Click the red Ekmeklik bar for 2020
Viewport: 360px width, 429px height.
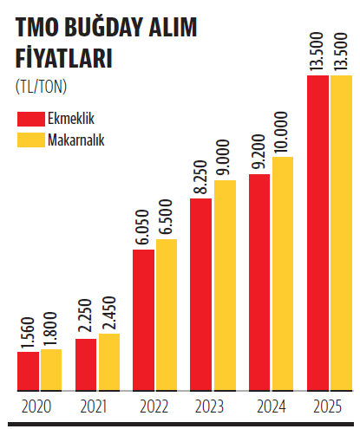tap(28, 371)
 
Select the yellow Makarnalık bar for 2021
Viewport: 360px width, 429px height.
tap(109, 362)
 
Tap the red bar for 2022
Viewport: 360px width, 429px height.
tap(143, 320)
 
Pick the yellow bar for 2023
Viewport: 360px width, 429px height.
tap(225, 285)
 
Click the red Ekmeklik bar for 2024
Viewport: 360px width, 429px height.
tap(259, 283)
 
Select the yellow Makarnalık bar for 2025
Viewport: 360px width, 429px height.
tap(342, 233)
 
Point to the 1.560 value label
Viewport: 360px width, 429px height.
tap(28, 334)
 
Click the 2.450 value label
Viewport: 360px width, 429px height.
tap(109, 313)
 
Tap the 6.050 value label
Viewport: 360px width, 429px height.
tap(142, 227)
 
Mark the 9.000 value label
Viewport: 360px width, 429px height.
tap(223, 157)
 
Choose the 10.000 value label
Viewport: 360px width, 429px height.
tap(281, 132)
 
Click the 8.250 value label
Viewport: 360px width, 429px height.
tap(200, 177)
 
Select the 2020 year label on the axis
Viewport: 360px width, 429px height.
tap(36, 406)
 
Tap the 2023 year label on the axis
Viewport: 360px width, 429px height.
tap(209, 406)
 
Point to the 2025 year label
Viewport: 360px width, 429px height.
tap(328, 406)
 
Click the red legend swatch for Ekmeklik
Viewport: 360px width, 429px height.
tap(31, 119)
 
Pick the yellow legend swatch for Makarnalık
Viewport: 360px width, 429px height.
tap(31, 140)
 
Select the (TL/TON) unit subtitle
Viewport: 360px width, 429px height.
tap(41, 86)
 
